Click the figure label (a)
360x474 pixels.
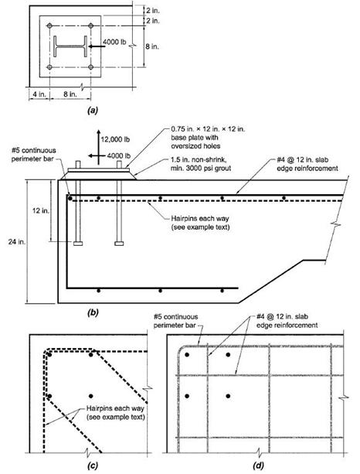tap(93, 111)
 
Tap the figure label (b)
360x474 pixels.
tap(93, 312)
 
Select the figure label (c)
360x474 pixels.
tap(93, 465)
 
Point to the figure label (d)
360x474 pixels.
tap(258, 465)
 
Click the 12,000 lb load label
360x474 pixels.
tap(115, 139)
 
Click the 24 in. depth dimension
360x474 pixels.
tap(16, 242)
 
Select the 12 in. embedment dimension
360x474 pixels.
tap(40, 210)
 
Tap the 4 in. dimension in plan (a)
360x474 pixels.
tap(39, 94)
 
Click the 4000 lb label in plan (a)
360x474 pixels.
tap(114, 42)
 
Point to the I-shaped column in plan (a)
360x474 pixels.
tap(70, 46)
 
